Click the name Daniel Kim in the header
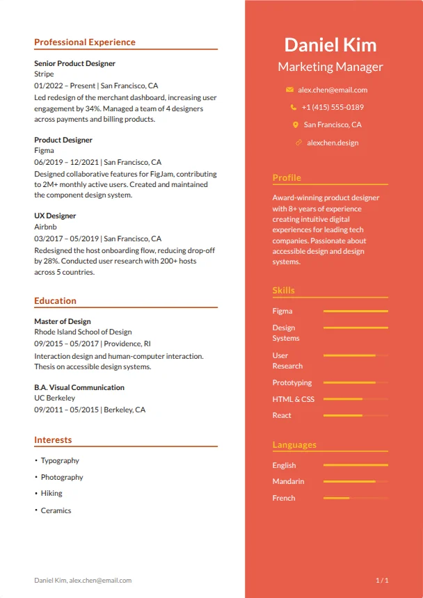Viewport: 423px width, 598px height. coord(330,45)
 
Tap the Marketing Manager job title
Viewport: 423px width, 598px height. coord(330,67)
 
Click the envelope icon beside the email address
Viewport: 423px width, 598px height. coord(289,90)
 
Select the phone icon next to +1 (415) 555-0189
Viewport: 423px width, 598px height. coord(294,107)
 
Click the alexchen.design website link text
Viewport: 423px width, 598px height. coord(333,143)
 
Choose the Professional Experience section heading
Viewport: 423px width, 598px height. coord(85,42)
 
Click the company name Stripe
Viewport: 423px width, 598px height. coord(44,74)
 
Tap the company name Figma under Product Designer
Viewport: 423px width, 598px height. coord(44,150)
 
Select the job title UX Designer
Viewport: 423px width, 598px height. coord(55,216)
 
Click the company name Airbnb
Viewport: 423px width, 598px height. coord(45,227)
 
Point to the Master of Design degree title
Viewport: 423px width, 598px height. coord(63,321)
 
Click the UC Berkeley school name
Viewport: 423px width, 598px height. coord(55,398)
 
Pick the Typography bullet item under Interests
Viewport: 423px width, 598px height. coord(60,460)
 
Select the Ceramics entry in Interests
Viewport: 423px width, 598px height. coord(56,510)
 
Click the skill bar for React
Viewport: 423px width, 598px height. coord(356,416)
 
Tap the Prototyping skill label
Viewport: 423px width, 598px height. coord(292,382)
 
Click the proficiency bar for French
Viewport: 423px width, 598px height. coord(356,499)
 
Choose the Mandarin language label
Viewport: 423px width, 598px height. coord(288,481)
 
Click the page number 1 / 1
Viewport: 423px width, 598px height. coord(382,580)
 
